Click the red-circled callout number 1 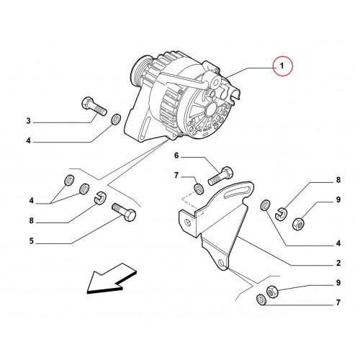(282, 66)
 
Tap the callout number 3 (29, 121)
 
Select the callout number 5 (32, 240)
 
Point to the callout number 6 (176, 156)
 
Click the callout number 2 (338, 263)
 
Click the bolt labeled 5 (124, 212)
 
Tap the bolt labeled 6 (220, 176)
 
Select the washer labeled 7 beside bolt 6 (199, 189)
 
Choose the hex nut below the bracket (272, 292)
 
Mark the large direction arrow (112, 279)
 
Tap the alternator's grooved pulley (139, 71)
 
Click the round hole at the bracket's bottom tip (222, 264)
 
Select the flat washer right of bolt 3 (117, 120)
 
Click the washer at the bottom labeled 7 (261, 300)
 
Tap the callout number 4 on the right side (338, 243)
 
